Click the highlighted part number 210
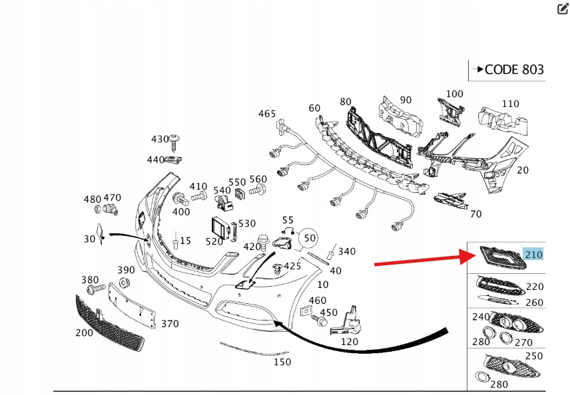(x=533, y=254)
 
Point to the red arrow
(x=420, y=260)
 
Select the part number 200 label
(x=84, y=332)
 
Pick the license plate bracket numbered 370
(x=134, y=303)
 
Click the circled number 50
(x=309, y=237)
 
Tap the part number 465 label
(x=267, y=114)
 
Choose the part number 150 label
(x=282, y=362)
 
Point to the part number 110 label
(x=510, y=104)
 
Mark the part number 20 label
(x=523, y=170)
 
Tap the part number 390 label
(x=126, y=270)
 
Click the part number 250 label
(x=535, y=356)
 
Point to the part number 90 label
(x=406, y=100)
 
